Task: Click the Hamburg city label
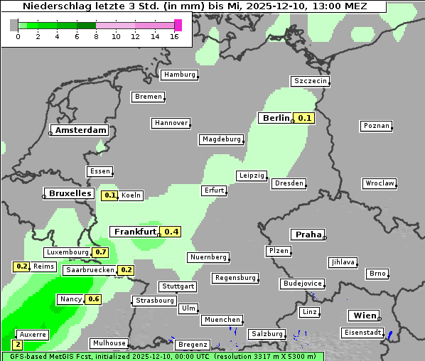[178, 75]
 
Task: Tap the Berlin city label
[276, 118]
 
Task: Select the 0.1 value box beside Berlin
[305, 118]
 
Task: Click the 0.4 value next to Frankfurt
[171, 232]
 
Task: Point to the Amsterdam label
[80, 131]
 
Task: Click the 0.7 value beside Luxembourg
[100, 252]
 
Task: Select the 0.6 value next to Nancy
[93, 299]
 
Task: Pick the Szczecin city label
[311, 81]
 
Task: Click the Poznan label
[376, 126]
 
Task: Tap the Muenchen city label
[222, 320]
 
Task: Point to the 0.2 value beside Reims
[21, 266]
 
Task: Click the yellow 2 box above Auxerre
[17, 345]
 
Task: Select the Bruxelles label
[69, 193]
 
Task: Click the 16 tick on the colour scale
[174, 37]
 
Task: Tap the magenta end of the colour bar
[178, 25]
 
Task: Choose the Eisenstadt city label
[362, 332]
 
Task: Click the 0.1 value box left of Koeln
[110, 195]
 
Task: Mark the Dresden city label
[289, 183]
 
